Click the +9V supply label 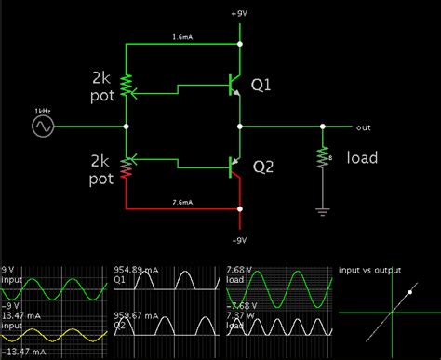tap(240, 15)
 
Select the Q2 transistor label tap(263, 167)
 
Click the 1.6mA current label tap(182, 37)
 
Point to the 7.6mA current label tap(182, 202)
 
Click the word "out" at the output tap(362, 127)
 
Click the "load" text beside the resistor tap(361, 158)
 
